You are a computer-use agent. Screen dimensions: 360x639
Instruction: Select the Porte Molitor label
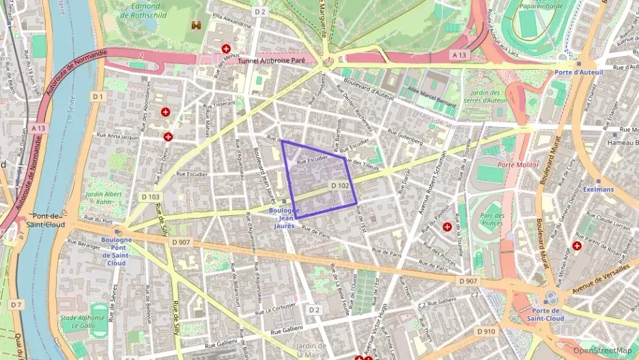coord(518,165)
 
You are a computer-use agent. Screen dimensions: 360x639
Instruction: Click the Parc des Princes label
coord(492,219)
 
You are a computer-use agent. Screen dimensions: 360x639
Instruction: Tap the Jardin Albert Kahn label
coord(99,198)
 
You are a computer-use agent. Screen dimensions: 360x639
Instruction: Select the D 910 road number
coord(485,331)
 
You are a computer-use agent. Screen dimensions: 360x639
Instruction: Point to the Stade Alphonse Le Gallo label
coord(78,322)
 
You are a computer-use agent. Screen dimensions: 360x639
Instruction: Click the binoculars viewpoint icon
coord(197,25)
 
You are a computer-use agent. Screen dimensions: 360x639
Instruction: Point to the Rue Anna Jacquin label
coord(119,137)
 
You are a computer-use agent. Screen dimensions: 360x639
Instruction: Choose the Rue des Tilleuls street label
coord(362,165)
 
